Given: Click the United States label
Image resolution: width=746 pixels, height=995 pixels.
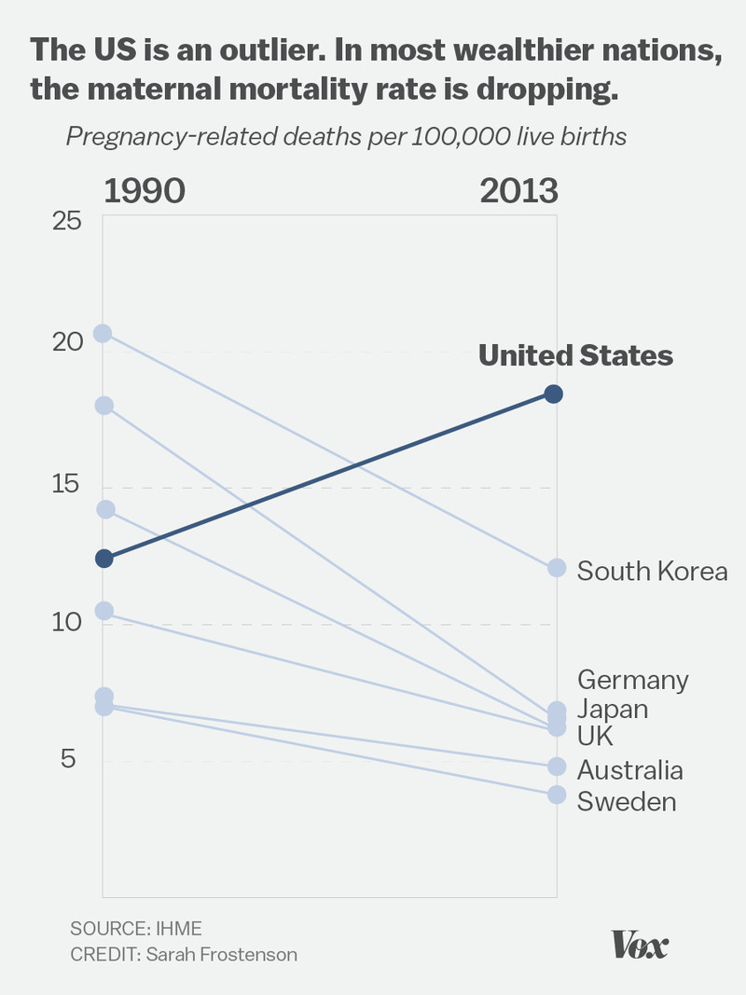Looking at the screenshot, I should (x=575, y=356).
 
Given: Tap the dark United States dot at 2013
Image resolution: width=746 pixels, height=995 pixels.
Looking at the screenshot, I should (x=553, y=394).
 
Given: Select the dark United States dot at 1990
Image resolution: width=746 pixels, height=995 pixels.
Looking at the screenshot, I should (x=104, y=559).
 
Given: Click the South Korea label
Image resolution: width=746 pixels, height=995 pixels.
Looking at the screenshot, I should (x=652, y=571).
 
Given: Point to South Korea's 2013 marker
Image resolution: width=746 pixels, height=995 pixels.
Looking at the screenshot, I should (x=557, y=568).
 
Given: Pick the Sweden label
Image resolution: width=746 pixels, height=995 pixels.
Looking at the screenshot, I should (x=627, y=801).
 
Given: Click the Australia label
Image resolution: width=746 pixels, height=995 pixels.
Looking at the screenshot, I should (x=629, y=770).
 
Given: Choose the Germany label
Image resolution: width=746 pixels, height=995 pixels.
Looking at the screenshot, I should (x=632, y=680).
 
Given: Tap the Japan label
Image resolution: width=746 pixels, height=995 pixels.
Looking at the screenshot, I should (x=612, y=709).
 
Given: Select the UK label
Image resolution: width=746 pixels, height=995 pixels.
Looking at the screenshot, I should (x=595, y=737).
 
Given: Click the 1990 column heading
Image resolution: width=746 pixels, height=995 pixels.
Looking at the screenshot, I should (x=144, y=191).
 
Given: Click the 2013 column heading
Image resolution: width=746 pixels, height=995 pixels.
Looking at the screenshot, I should (x=518, y=191).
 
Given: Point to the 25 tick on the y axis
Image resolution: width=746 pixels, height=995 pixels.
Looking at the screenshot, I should (x=65, y=222).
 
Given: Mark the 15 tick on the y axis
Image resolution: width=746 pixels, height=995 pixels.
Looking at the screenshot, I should (x=65, y=485).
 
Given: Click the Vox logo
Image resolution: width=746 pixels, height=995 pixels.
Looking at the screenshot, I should (x=640, y=945).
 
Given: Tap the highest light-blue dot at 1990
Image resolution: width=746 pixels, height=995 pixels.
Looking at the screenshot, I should (x=103, y=334).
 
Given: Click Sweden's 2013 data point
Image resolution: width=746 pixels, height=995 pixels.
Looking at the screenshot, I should (x=557, y=795).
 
